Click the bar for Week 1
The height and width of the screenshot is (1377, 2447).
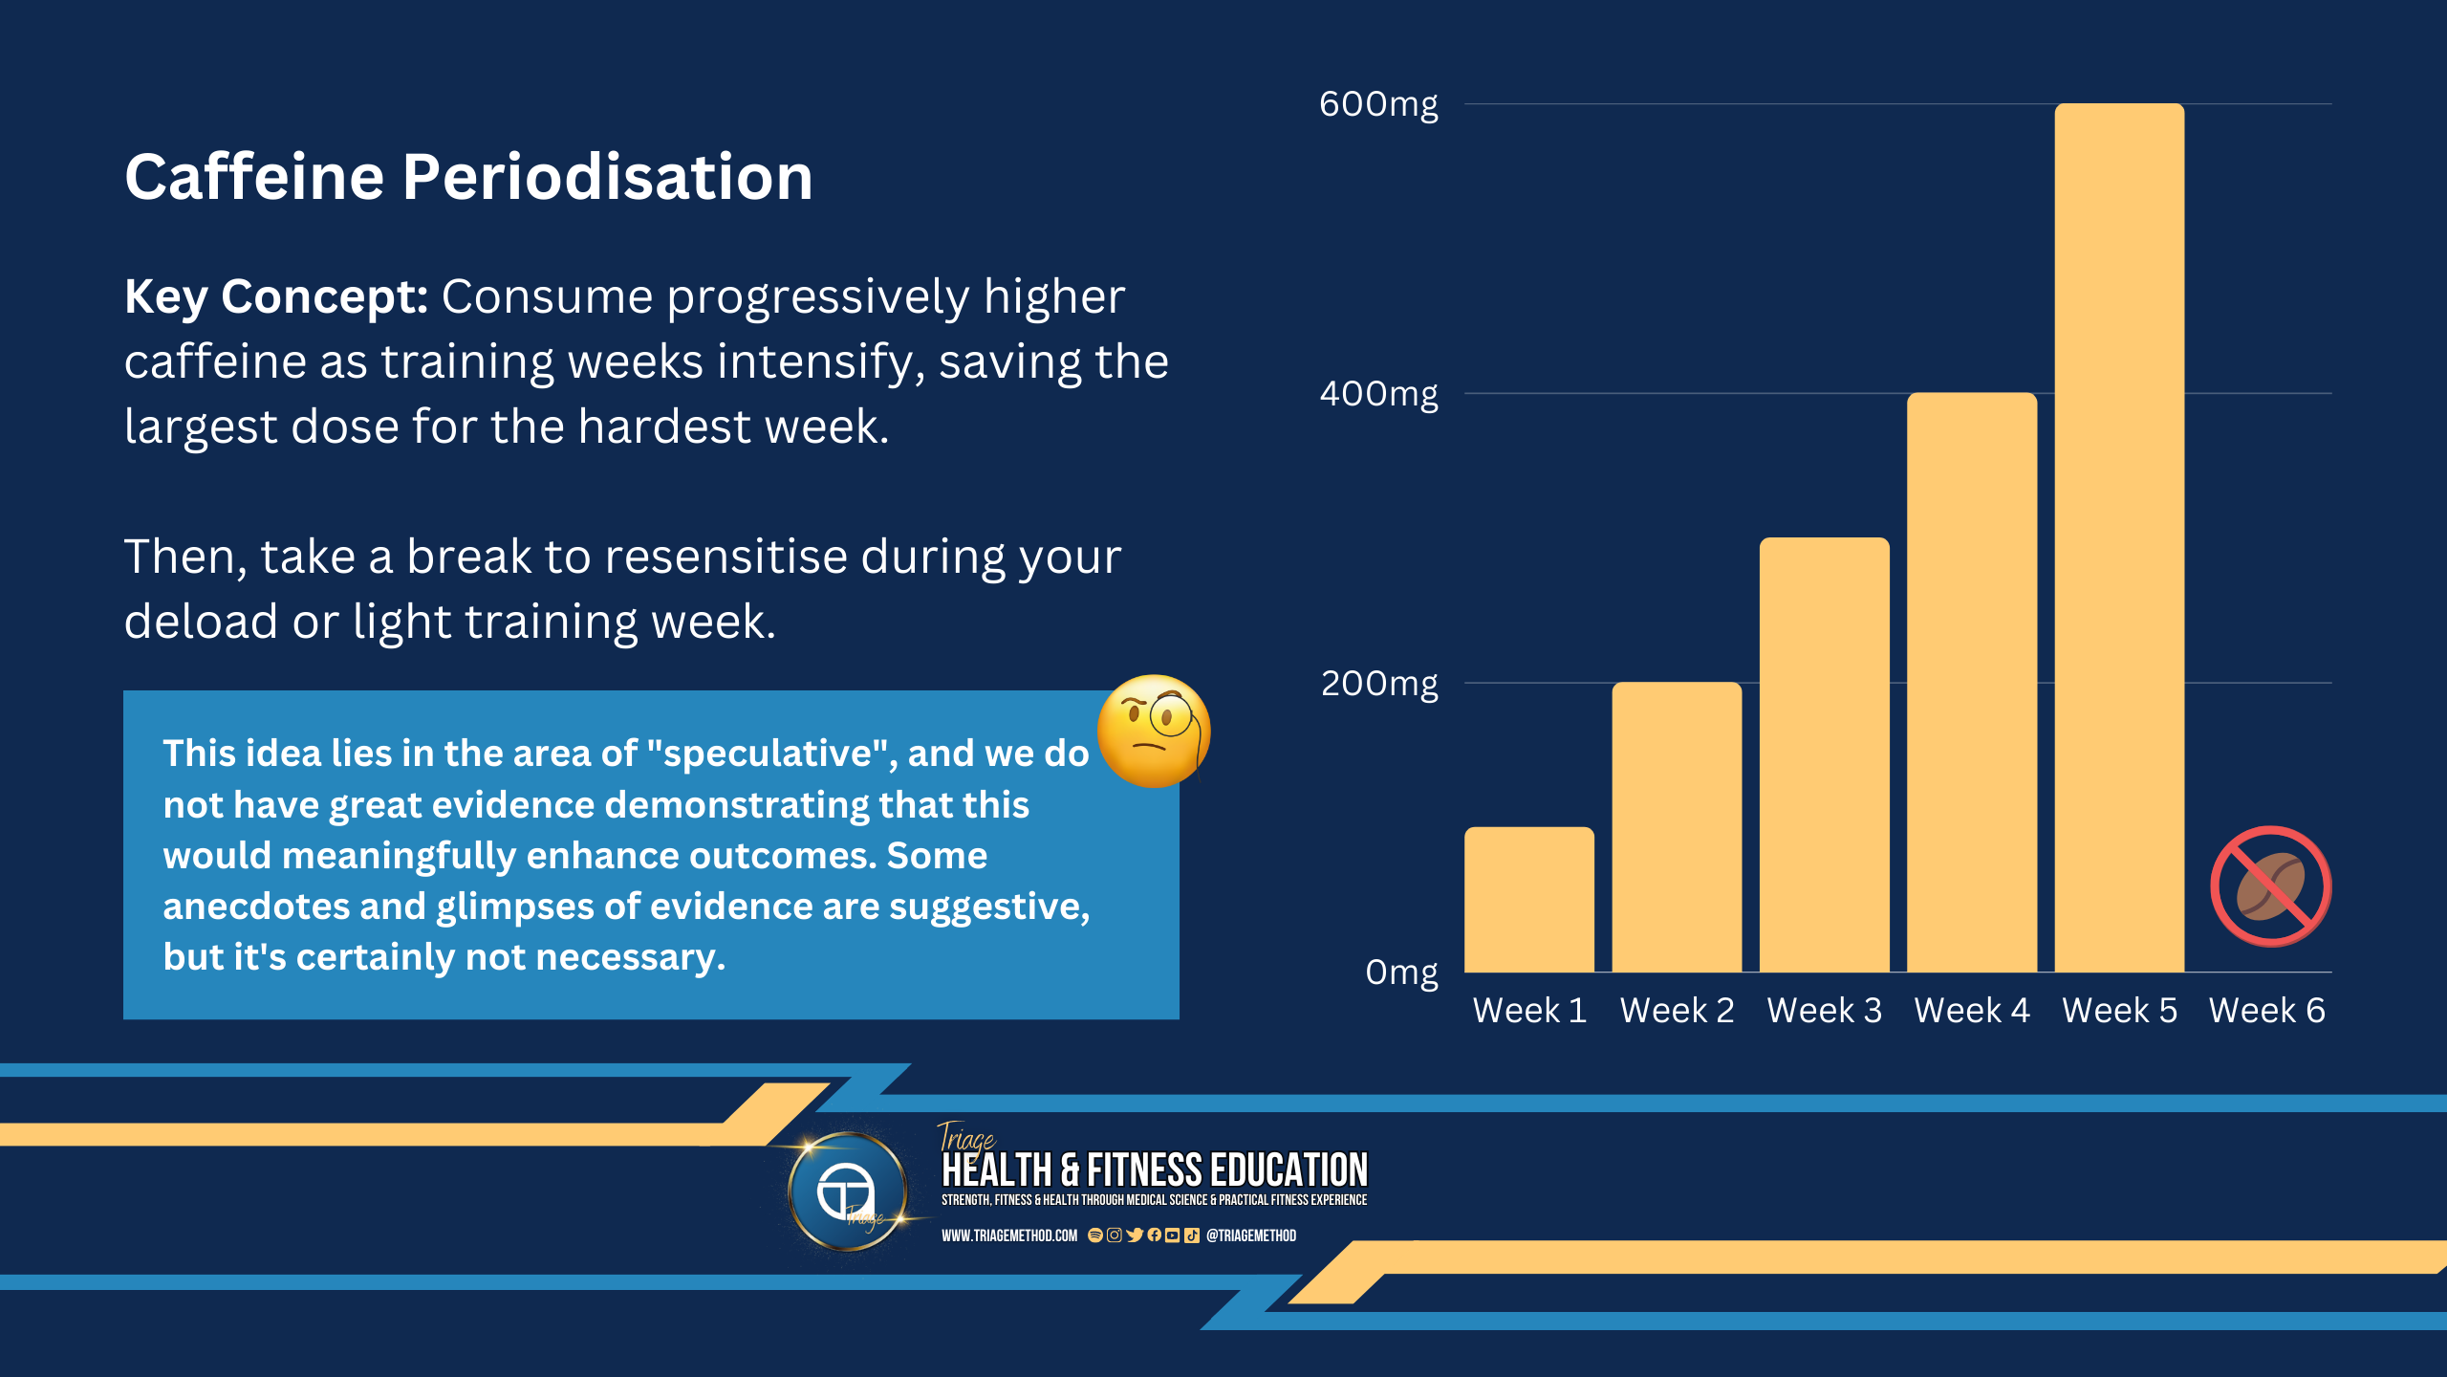1529,900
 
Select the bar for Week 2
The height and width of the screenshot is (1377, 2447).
1677,827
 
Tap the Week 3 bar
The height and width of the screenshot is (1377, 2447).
1824,754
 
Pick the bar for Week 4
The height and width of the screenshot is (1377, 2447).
1972,683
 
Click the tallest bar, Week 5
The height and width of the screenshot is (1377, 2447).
2119,537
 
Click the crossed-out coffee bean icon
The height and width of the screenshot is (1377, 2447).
2270,886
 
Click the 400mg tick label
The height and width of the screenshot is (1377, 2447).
1378,394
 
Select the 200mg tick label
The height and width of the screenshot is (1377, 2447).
1379,684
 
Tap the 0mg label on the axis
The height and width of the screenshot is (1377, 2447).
1401,973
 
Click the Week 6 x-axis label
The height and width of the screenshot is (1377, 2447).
2266,1010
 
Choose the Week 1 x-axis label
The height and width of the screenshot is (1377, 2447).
1529,1010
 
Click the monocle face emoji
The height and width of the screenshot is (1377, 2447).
1154,732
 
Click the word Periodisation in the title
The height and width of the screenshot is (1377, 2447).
607,178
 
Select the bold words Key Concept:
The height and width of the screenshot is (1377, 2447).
276,297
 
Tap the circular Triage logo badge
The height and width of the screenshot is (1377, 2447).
847,1191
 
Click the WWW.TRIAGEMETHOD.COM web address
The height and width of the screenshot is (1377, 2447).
1009,1235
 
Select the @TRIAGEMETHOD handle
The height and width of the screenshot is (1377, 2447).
1251,1235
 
